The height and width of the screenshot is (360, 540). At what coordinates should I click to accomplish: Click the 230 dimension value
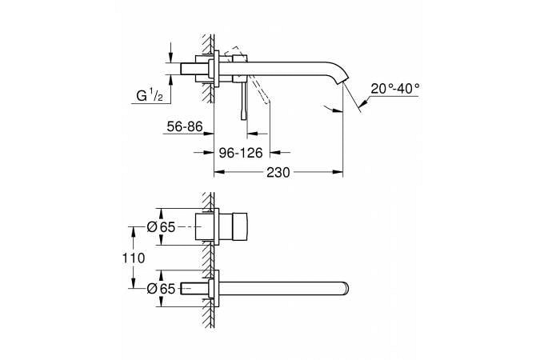point(278,172)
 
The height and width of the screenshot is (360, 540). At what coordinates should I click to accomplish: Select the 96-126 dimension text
point(241,152)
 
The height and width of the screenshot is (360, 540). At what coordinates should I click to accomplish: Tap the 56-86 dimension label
point(185,126)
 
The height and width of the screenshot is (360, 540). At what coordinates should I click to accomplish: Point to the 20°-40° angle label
point(395,89)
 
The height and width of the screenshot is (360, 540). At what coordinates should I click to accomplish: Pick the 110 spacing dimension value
point(134,258)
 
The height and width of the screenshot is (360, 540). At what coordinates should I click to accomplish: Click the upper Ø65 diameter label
point(161,227)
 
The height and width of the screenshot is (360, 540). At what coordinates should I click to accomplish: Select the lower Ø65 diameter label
point(161,289)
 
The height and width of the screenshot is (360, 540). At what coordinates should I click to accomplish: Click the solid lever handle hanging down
point(244,100)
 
